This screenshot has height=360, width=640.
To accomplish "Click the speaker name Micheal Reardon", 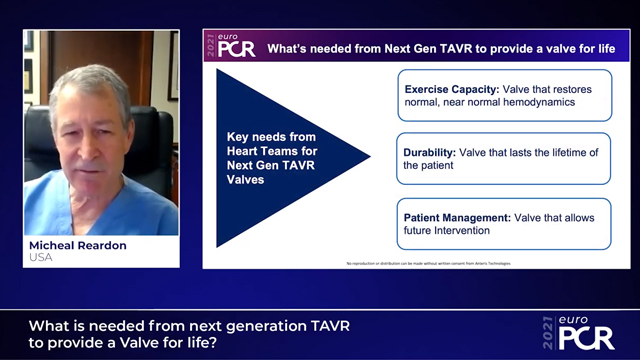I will click(x=75, y=244).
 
